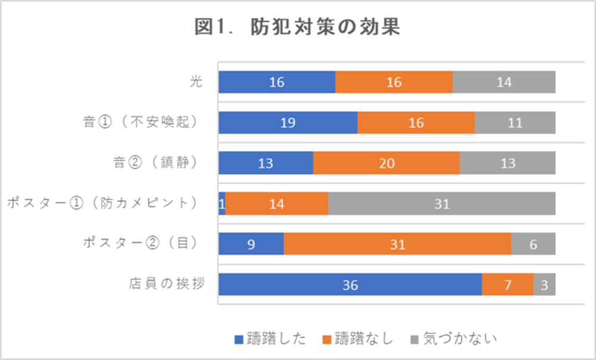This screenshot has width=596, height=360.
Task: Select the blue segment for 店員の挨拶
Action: [x=350, y=285]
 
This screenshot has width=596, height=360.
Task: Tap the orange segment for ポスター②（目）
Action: [x=397, y=244]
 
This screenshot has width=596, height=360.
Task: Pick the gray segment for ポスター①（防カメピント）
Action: [x=442, y=204]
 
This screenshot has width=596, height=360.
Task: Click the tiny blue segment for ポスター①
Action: [x=222, y=204]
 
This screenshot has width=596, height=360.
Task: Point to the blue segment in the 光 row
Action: [x=277, y=82]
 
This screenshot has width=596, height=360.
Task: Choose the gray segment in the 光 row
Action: [x=504, y=82]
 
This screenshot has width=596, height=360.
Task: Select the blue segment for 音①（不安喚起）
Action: [x=288, y=123]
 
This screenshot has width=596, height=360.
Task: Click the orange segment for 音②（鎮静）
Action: [x=386, y=163]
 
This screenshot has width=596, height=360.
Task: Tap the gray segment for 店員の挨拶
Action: [x=544, y=285]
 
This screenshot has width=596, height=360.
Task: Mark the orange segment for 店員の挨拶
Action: [x=507, y=285]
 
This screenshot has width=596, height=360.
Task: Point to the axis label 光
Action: [x=197, y=82]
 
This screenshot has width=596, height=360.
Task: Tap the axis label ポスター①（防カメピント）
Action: [x=103, y=204]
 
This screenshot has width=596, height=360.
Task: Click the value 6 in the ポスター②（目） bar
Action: [x=533, y=244]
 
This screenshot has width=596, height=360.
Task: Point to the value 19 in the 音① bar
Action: [x=288, y=123]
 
